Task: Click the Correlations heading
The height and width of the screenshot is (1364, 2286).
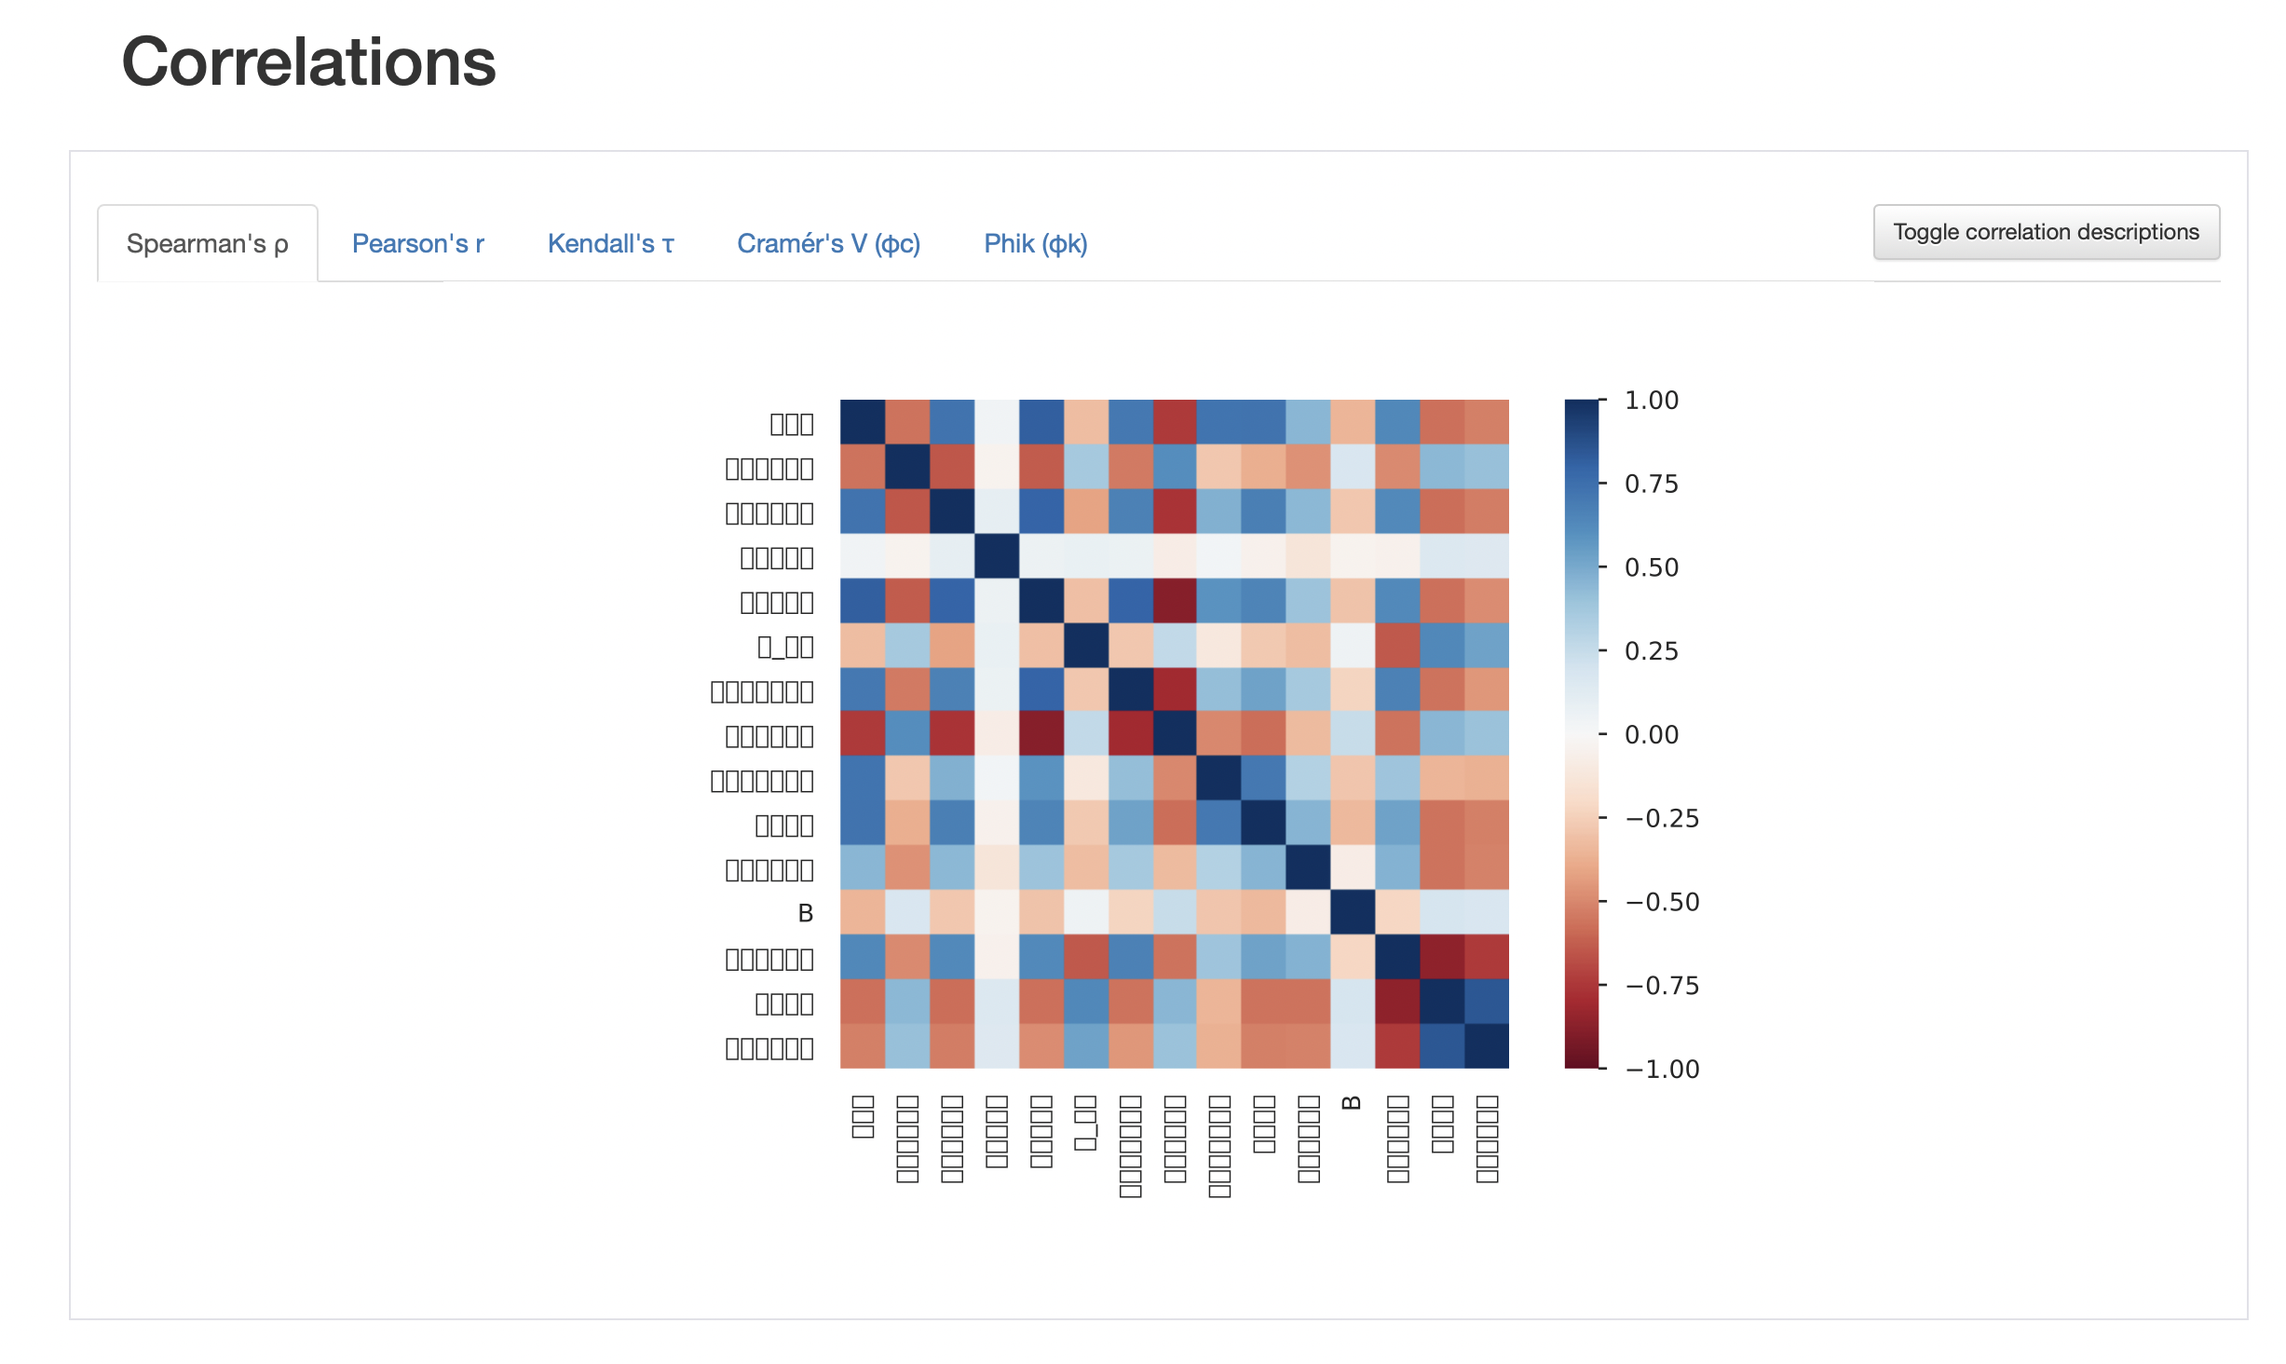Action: pos(308,62)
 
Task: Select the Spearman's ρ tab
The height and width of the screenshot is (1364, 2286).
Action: pos(207,243)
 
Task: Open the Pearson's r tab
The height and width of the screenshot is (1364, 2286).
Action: pos(417,243)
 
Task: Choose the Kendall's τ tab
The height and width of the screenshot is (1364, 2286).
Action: pos(610,243)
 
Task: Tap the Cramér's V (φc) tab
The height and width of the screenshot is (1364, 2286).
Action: pos(828,243)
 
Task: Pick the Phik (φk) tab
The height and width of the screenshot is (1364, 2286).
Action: pos(1035,243)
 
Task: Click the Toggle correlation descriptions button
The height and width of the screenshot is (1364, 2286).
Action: pos(2046,232)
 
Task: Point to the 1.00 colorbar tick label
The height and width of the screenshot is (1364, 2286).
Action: pos(1651,401)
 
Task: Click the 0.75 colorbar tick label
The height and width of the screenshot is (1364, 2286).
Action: pos(1651,484)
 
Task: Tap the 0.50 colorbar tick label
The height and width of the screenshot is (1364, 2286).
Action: pos(1651,567)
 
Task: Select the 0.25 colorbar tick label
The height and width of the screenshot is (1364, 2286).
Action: pos(1651,651)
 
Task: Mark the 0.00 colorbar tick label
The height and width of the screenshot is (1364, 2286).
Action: pos(1651,735)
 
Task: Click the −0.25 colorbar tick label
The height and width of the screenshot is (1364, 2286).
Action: pos(1662,819)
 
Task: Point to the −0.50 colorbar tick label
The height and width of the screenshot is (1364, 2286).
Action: pos(1662,902)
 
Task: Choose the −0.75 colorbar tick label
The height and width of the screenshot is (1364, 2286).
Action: pos(1662,986)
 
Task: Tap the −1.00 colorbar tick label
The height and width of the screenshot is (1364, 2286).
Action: pos(1662,1070)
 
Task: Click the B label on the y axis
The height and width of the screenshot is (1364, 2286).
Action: pos(805,914)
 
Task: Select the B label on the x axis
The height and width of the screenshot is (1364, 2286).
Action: pos(1352,1103)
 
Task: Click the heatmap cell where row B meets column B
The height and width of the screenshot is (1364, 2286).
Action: pos(1352,912)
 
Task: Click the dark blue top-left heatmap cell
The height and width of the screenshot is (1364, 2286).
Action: pos(863,422)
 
